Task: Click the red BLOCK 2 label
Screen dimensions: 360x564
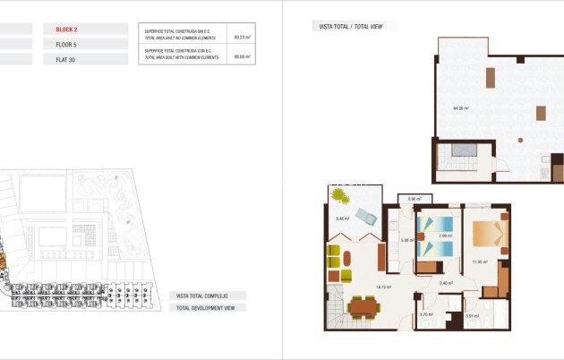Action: point(66,30)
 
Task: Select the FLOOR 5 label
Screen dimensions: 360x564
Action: point(66,44)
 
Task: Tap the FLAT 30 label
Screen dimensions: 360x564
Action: point(65,59)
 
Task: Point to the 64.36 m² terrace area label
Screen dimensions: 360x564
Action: point(461,108)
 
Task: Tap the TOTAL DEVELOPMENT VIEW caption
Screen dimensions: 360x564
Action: point(205,308)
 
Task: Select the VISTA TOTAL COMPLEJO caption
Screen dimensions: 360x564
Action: point(202,296)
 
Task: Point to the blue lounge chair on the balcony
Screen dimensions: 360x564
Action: point(366,215)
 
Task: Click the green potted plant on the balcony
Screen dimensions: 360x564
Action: point(339,193)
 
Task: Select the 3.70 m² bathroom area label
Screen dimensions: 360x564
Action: point(426,314)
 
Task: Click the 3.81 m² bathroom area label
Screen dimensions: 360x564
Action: point(471,316)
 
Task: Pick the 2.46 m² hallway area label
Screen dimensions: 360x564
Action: point(446,284)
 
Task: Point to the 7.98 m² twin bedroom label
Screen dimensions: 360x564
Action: point(433,237)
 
